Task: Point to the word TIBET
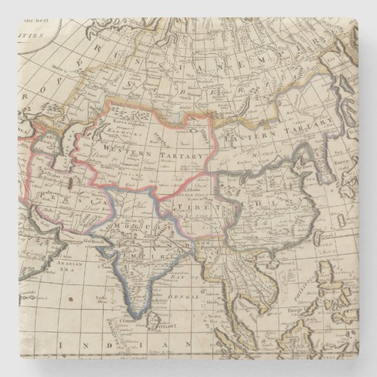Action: (193, 208)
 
